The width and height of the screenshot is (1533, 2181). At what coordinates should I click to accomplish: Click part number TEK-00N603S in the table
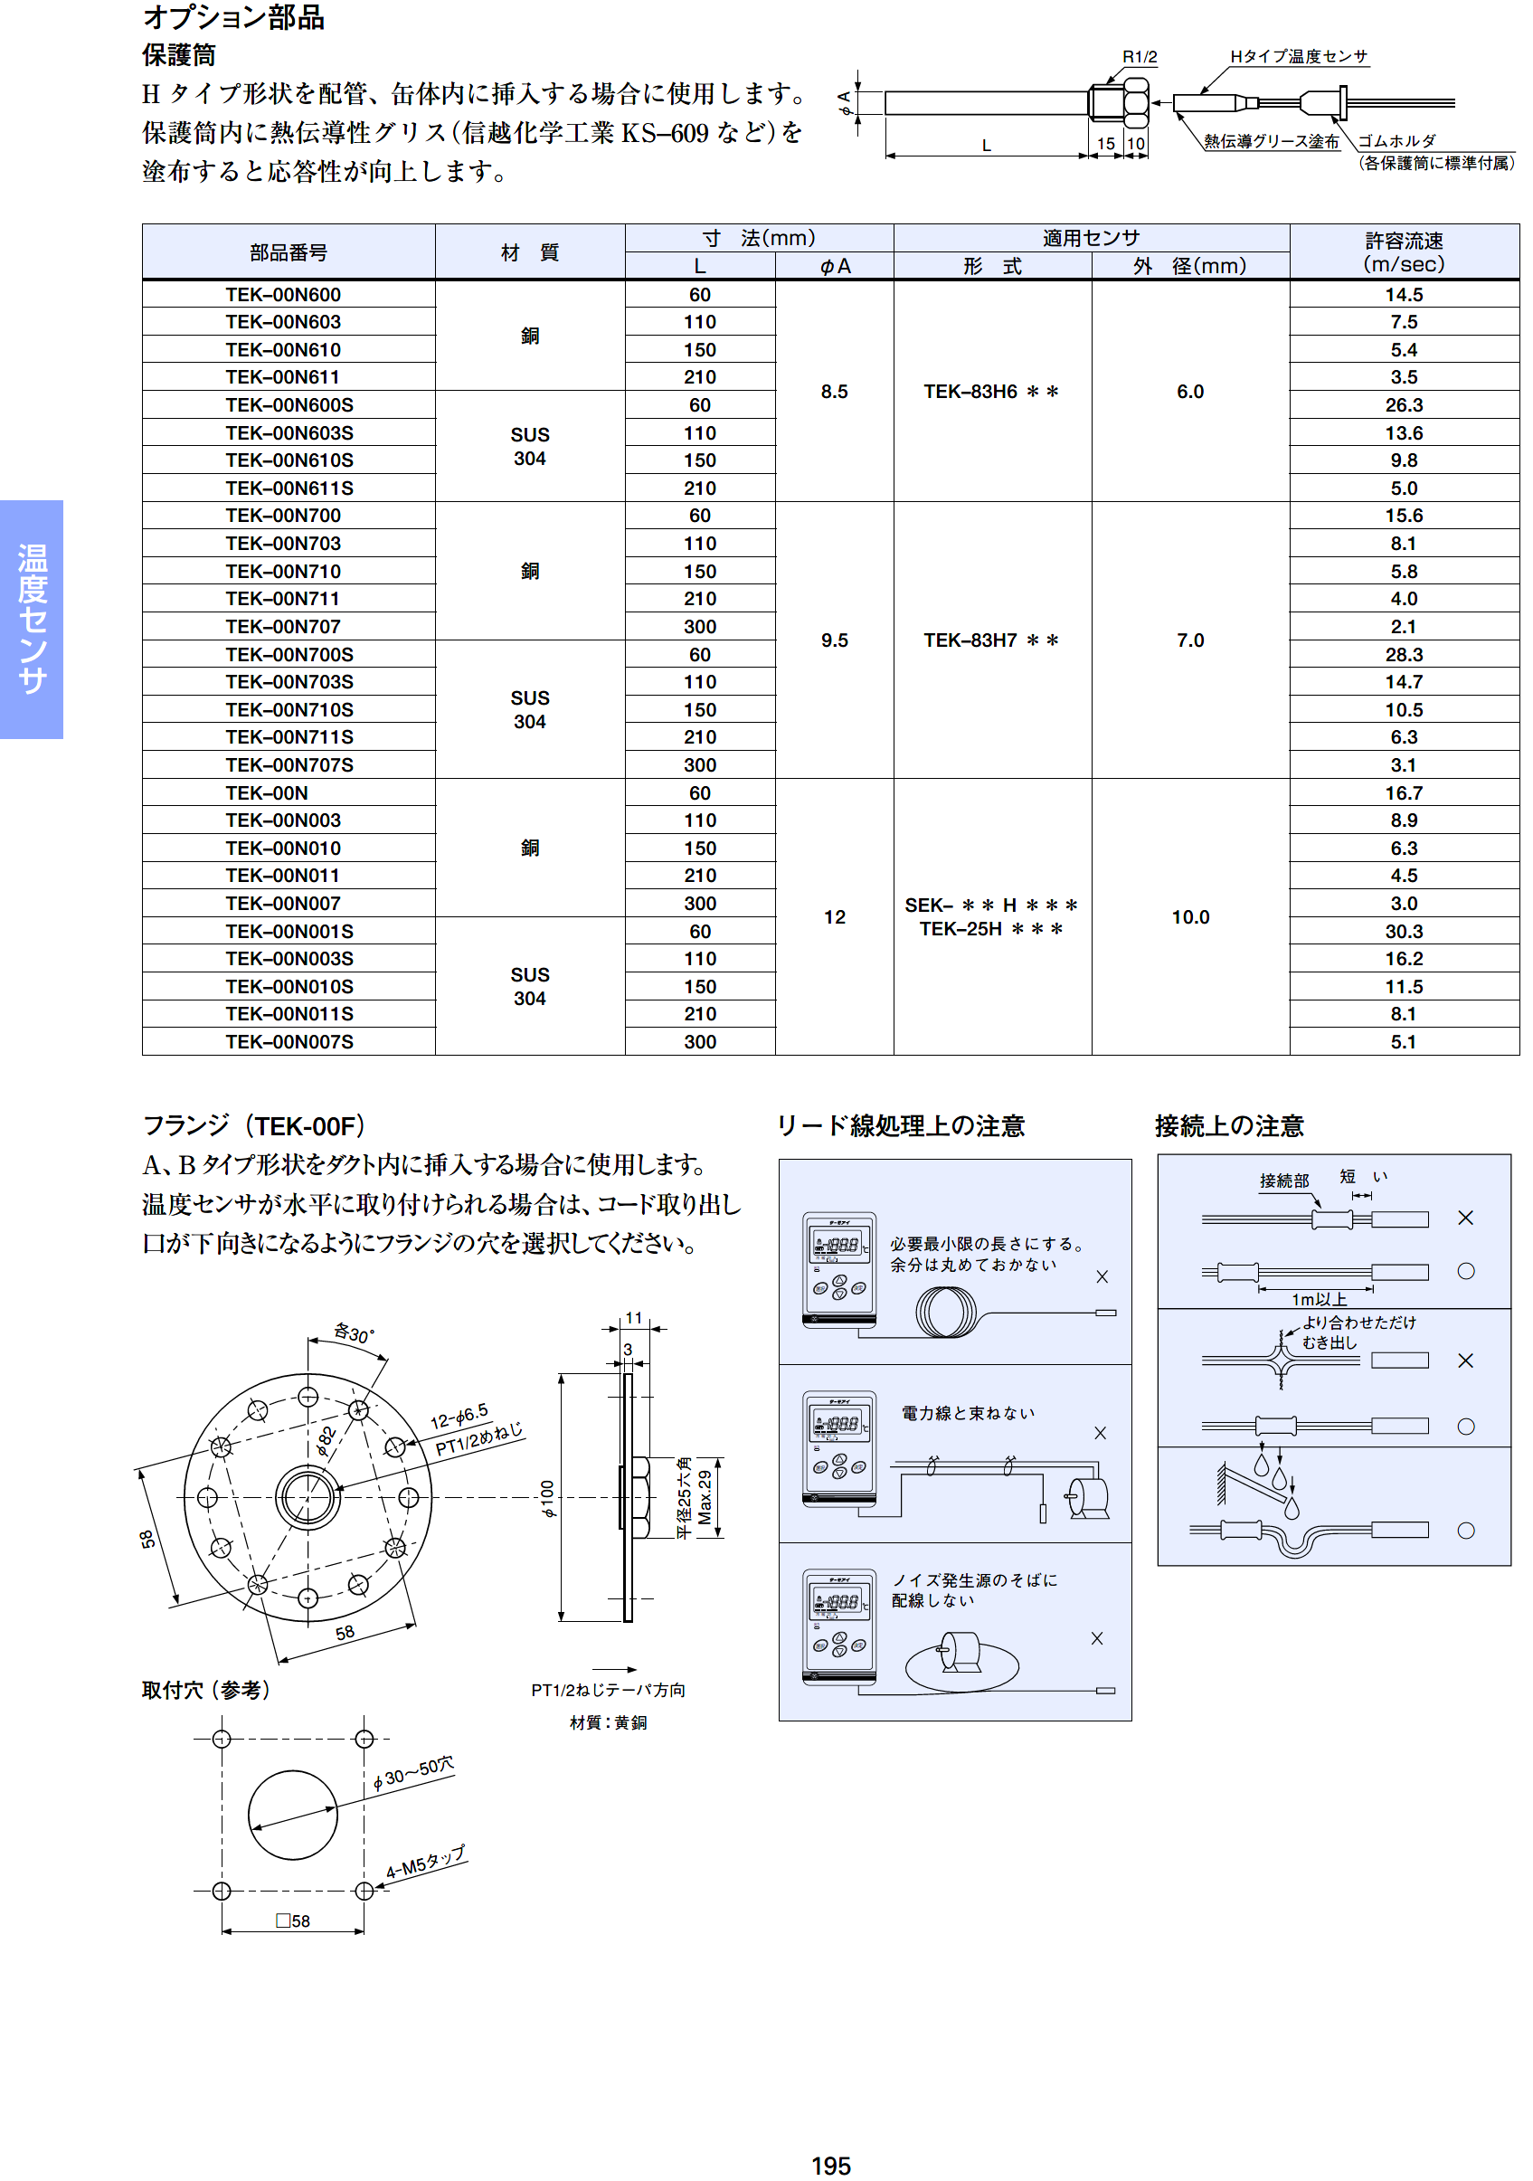point(289,433)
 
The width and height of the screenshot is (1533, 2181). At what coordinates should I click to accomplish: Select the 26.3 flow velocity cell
point(1403,405)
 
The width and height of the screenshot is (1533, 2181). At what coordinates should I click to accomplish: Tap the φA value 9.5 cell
point(834,640)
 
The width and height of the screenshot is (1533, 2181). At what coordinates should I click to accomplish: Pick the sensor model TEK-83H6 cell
point(990,392)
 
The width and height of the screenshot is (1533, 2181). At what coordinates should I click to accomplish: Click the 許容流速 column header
point(1403,251)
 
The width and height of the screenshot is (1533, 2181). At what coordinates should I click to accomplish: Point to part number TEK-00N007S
point(289,1042)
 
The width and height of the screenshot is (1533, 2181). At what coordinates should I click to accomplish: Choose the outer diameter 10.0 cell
point(1189,916)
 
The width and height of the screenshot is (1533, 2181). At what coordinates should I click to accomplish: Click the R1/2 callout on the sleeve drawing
point(1139,57)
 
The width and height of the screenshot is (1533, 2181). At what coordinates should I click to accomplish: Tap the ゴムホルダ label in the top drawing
point(1396,140)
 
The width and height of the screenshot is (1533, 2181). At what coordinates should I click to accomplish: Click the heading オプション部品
point(233,17)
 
